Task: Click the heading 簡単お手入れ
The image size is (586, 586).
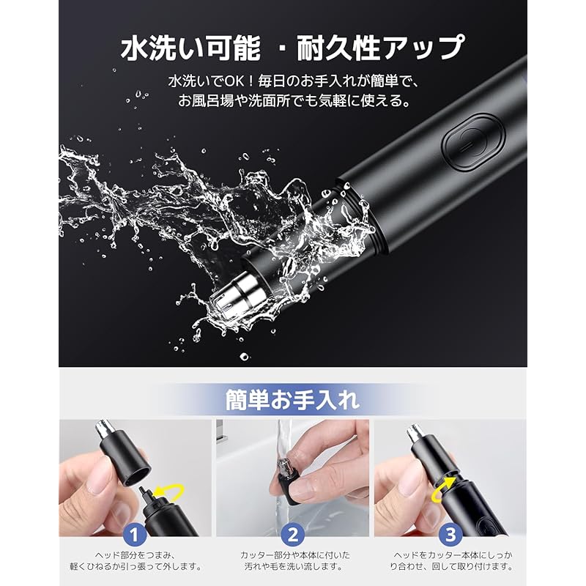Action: click(x=292, y=400)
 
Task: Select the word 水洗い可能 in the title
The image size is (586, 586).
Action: click(x=190, y=48)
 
